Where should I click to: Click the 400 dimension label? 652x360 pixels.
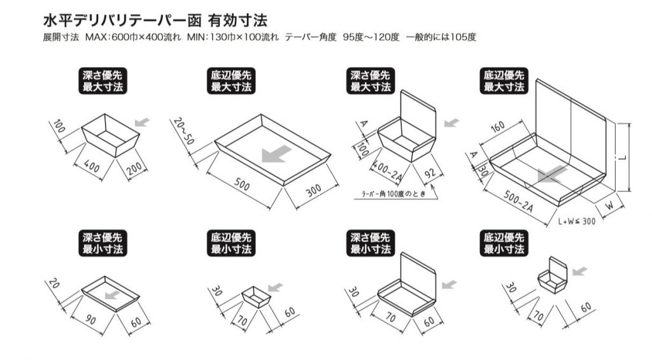[x=92, y=166]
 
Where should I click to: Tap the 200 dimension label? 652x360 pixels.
[x=134, y=169]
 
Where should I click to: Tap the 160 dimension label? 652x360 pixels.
[x=497, y=127]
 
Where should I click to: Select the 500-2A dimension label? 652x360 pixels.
[x=518, y=201]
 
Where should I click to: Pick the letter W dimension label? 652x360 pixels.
[x=609, y=206]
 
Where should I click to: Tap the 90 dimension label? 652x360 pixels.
[x=90, y=320]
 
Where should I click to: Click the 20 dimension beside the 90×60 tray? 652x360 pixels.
[x=54, y=284]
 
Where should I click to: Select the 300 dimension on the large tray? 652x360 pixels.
[x=313, y=191]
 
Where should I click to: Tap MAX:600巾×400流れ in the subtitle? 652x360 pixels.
[x=133, y=37]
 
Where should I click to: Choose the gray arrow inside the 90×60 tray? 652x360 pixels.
[x=112, y=295]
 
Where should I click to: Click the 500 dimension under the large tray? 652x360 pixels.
[x=242, y=184]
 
